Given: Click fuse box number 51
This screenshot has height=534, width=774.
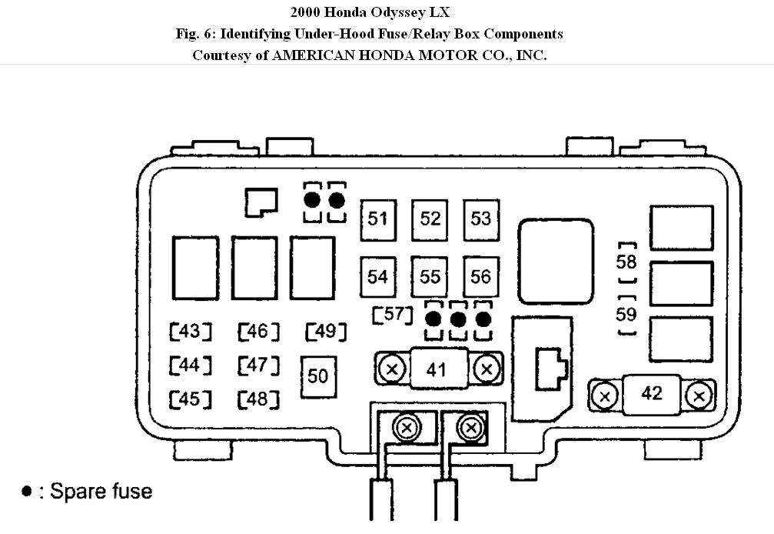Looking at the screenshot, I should click(377, 219).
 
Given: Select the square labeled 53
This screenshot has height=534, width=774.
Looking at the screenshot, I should click(481, 219).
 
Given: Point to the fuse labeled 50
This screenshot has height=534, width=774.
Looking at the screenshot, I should click(317, 375).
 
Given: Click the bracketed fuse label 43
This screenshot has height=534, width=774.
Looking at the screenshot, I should click(190, 332).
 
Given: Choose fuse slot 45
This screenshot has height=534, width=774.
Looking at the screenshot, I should click(190, 399).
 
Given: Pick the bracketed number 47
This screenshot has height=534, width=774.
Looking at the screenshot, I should click(258, 365).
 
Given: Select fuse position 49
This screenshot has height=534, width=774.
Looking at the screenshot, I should click(326, 332).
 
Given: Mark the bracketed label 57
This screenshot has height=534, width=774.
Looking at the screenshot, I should click(393, 315).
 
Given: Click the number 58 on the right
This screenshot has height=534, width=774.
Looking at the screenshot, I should click(626, 262).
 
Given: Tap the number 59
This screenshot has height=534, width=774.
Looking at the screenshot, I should click(626, 314).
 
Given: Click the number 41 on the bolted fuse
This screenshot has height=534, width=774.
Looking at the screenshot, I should click(436, 369).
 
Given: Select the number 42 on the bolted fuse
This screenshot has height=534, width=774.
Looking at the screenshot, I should click(651, 393).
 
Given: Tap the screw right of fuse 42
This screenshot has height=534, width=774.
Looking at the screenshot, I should click(699, 396).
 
